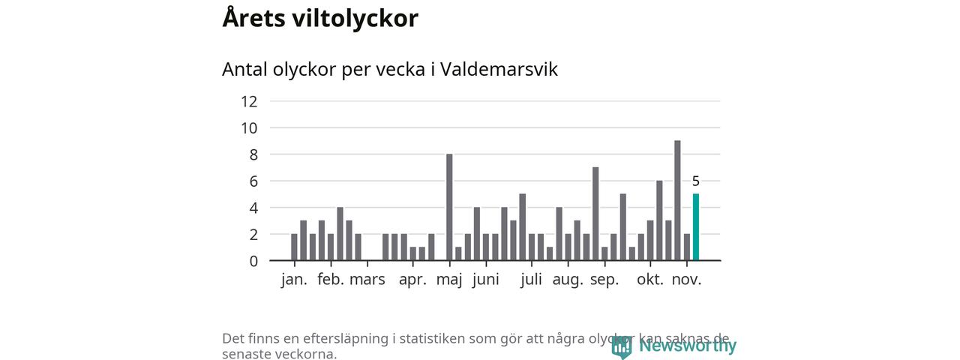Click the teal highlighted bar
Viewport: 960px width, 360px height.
click(x=696, y=227)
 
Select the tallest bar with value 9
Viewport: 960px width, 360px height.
click(x=677, y=200)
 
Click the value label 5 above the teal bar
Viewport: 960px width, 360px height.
click(x=696, y=181)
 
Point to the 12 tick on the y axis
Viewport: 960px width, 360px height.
click(x=249, y=101)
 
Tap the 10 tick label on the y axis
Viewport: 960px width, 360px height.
click(x=249, y=128)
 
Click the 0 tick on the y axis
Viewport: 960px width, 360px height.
click(x=253, y=261)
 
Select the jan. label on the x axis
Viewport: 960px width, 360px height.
click(x=294, y=280)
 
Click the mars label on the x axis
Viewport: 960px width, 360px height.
click(x=367, y=280)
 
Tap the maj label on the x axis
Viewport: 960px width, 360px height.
click(x=449, y=280)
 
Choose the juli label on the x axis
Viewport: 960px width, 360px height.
click(x=531, y=280)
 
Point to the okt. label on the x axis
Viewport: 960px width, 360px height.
click(x=650, y=280)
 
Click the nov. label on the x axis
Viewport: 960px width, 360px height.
click(x=686, y=280)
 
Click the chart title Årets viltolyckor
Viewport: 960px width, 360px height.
click(x=320, y=19)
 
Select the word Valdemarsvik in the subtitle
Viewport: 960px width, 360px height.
click(x=499, y=69)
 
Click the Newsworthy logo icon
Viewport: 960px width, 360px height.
click(x=621, y=346)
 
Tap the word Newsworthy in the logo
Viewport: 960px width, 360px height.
click(x=688, y=346)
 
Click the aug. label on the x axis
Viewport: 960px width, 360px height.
click(x=568, y=280)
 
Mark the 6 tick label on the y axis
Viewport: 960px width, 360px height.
click(x=253, y=181)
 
